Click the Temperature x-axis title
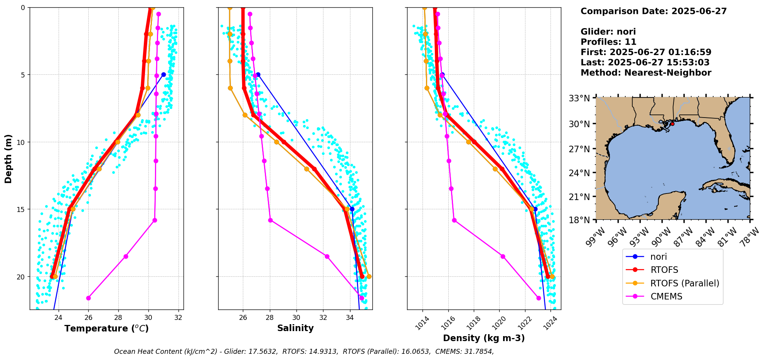click(x=106, y=328)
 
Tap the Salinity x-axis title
click(x=295, y=328)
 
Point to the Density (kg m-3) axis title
click(x=484, y=338)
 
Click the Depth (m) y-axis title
click(x=8, y=158)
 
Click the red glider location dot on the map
click(x=672, y=124)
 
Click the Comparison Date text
click(x=653, y=11)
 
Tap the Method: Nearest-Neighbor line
click(x=646, y=73)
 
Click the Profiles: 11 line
click(x=608, y=42)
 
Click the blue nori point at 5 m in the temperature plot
click(x=163, y=74)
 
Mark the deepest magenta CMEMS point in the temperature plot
click(x=88, y=298)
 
